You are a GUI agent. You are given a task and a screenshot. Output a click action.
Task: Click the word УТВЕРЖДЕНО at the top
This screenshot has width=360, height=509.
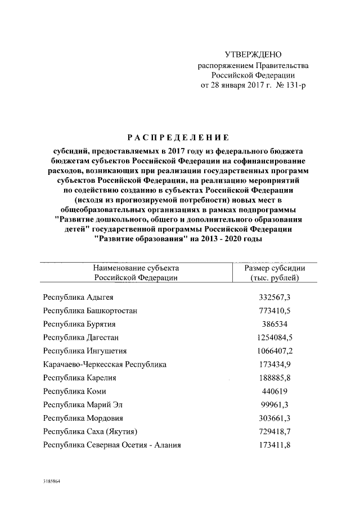252,55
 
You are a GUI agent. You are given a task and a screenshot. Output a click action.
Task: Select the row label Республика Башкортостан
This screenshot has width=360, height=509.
90,310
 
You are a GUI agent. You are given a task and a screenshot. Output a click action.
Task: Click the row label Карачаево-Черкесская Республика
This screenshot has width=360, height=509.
105,364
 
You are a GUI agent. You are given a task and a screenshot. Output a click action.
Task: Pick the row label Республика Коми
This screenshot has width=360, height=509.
74,391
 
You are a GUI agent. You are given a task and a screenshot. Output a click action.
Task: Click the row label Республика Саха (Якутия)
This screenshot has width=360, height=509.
91,432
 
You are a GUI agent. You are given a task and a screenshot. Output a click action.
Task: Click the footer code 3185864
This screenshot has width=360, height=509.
51,482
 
